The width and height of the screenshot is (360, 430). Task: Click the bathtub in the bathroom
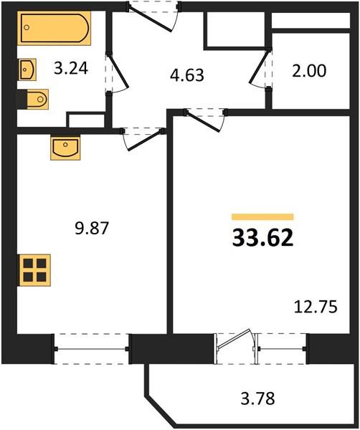click(x=55, y=28)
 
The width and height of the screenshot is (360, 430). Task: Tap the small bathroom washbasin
click(x=27, y=70)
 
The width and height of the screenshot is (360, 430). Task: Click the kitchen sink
click(x=65, y=148)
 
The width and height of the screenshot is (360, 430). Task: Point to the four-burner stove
click(x=34, y=270)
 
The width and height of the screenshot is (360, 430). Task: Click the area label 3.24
click(x=71, y=68)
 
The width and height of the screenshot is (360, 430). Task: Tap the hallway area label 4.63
click(x=187, y=75)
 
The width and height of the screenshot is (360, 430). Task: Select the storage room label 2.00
click(x=309, y=71)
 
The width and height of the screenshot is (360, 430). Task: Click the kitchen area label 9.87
click(x=92, y=228)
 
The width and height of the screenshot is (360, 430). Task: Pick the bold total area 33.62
click(x=263, y=238)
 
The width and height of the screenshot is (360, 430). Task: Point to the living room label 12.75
click(x=316, y=307)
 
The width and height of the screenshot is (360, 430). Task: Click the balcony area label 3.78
click(x=257, y=398)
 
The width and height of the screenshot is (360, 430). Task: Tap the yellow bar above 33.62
click(x=262, y=217)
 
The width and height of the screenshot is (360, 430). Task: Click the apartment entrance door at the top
click(x=153, y=16)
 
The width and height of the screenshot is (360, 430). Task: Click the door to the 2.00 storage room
click(x=260, y=68)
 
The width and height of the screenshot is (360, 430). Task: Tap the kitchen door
click(x=143, y=139)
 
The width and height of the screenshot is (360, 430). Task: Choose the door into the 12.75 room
click(x=205, y=120)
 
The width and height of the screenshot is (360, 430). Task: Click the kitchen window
click(x=92, y=349)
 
